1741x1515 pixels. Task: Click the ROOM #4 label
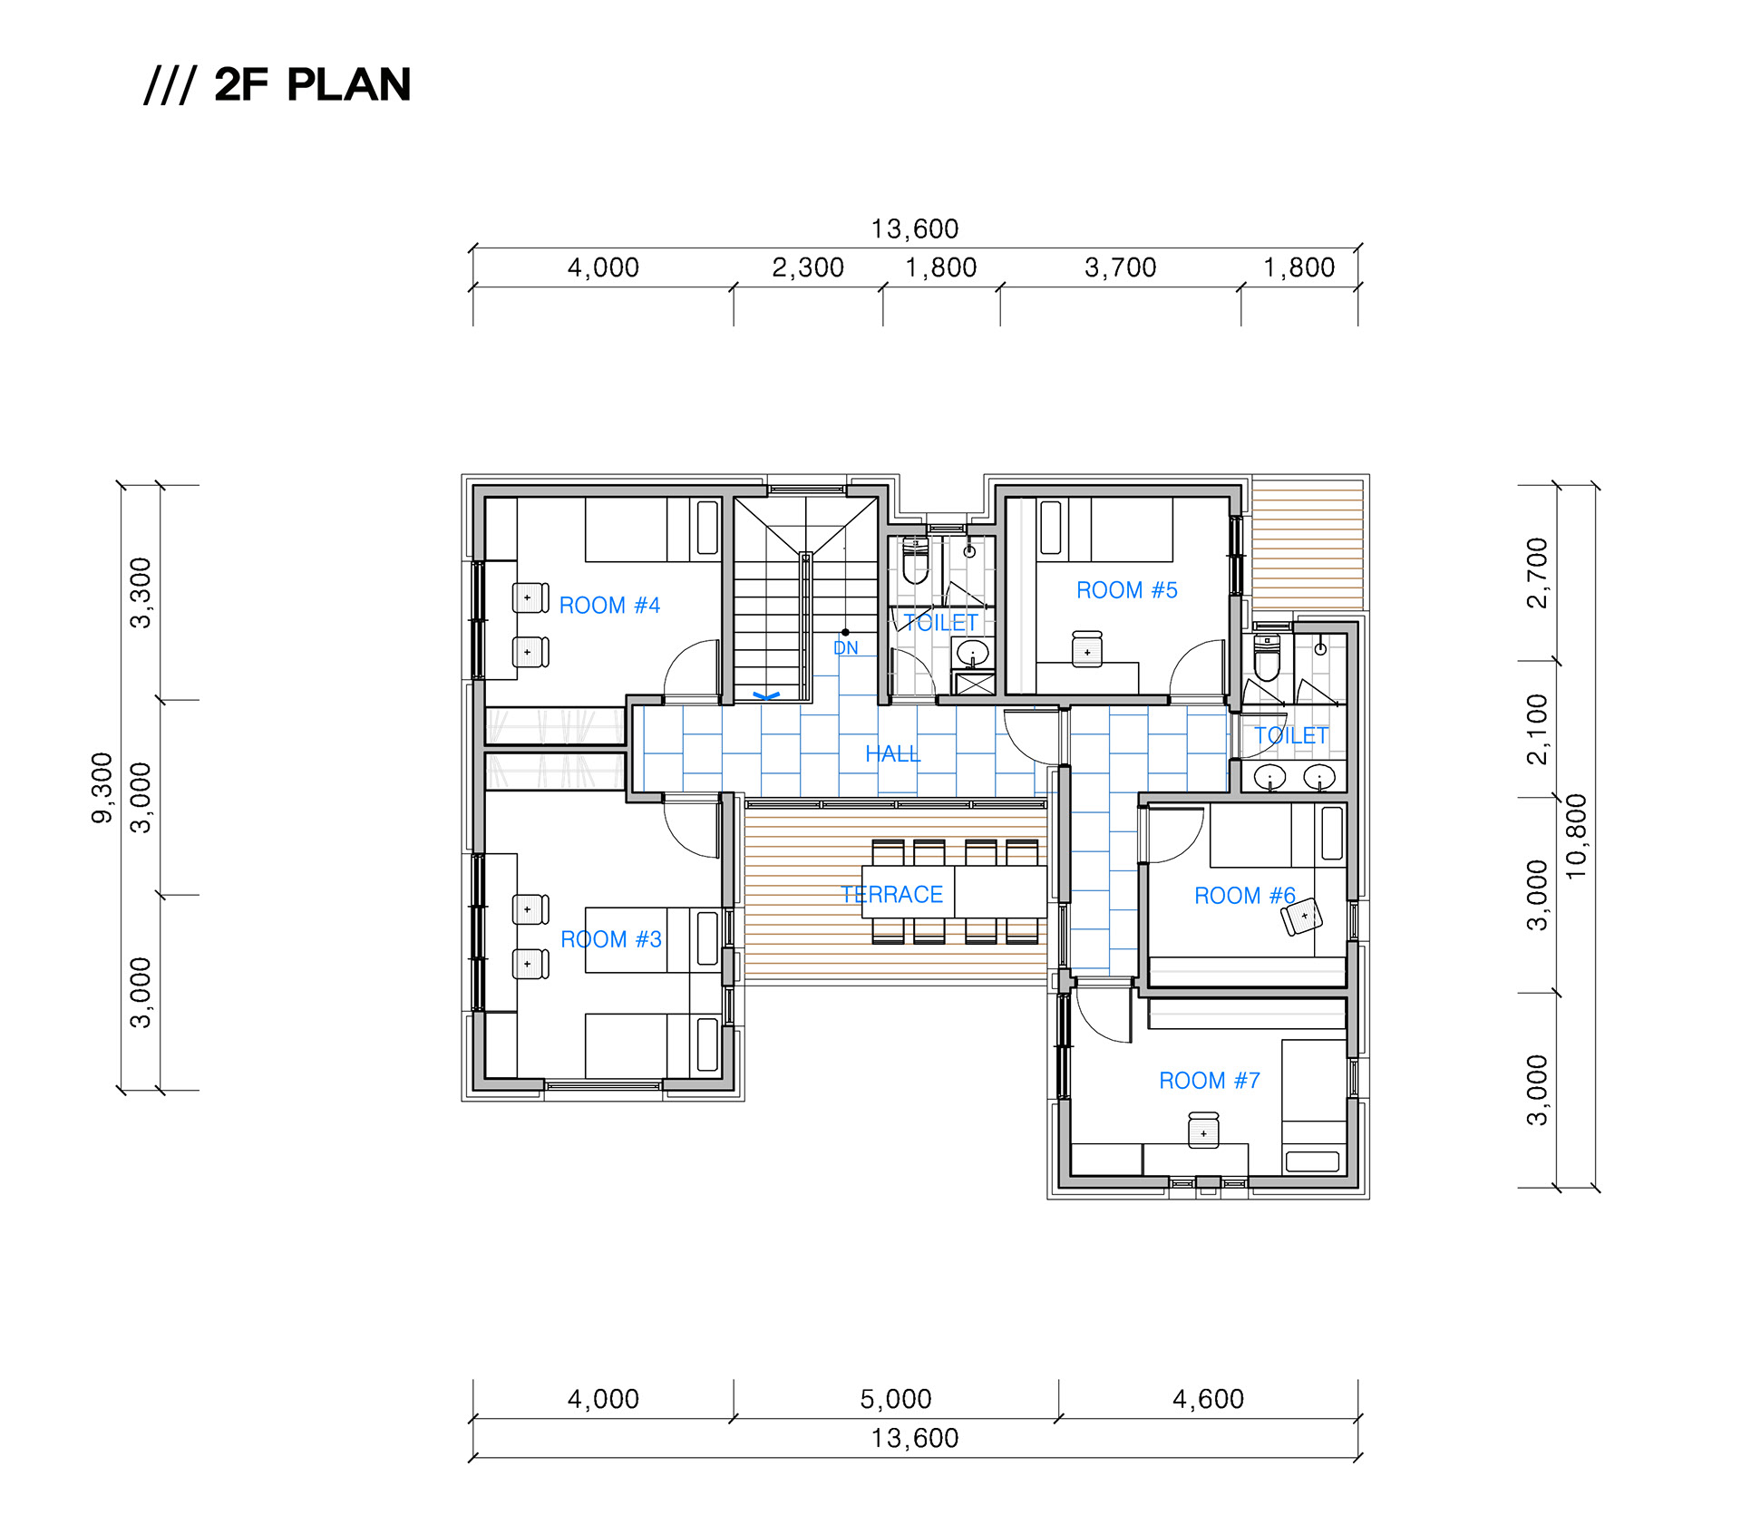point(609,606)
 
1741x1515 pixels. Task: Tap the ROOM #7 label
point(1210,1081)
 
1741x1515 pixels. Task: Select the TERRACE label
point(892,895)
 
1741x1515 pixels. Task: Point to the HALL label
point(893,753)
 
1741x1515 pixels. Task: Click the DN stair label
point(846,648)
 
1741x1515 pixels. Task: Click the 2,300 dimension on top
point(808,267)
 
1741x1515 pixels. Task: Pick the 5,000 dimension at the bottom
point(896,1399)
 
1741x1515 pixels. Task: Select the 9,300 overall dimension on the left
point(102,788)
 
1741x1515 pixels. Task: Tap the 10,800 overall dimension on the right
point(1577,836)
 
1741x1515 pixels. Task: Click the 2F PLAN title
point(313,84)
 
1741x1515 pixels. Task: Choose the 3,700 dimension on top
point(1121,267)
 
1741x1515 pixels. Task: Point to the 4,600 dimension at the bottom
point(1209,1399)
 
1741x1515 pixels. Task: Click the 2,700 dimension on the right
point(1538,573)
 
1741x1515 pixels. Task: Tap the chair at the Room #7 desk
point(1203,1131)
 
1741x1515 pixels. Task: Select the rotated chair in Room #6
point(1302,916)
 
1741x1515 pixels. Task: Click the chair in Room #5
point(1087,649)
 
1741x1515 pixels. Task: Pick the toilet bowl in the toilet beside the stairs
point(916,562)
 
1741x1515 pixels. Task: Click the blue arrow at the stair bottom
point(766,696)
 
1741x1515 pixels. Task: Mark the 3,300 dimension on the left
point(141,593)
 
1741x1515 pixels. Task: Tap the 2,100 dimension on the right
point(1538,730)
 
